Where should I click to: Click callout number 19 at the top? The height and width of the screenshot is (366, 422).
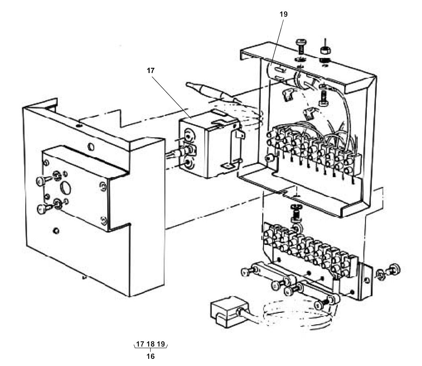tap(284, 14)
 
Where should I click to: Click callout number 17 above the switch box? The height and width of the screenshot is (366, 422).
tap(151, 70)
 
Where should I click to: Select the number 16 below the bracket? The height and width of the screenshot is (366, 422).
tap(151, 356)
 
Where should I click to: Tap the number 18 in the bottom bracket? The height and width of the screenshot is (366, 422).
tap(151, 344)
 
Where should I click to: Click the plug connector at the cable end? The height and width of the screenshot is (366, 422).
tap(229, 312)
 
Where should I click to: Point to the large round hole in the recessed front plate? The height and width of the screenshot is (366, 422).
tap(66, 187)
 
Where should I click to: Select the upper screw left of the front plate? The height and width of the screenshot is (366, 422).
tap(43, 180)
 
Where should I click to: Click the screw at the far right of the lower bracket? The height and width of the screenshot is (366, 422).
tap(393, 270)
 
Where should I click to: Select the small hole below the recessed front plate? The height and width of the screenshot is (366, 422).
tap(56, 231)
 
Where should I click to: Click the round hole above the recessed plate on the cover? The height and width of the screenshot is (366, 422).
tap(91, 146)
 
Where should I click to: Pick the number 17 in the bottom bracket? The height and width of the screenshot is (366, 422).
tap(140, 344)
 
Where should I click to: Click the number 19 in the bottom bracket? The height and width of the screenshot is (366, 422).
tap(161, 344)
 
